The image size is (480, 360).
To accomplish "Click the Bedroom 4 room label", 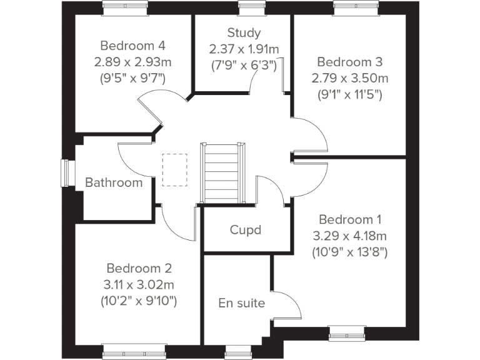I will tap(132, 46).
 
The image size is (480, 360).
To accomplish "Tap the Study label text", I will tap(244, 32).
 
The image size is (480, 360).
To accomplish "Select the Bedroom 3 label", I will tap(349, 62).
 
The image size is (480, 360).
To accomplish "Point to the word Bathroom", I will tap(114, 182).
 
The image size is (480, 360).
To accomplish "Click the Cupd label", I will tap(245, 229).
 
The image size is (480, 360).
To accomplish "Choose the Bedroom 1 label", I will tap(350, 219).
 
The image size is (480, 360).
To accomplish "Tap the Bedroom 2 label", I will tap(139, 268).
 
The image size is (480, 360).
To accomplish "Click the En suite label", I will tap(241, 303).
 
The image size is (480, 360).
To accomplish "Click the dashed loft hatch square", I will tap(175, 169).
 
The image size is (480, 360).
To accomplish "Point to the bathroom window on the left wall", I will tap(65, 172).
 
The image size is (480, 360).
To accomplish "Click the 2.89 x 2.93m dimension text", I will tap(132, 62).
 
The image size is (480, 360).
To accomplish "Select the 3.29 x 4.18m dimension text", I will tap(350, 236).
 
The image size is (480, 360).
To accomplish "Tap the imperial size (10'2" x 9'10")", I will tap(139, 301).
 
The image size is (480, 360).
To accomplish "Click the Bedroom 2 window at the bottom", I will tap(134, 347).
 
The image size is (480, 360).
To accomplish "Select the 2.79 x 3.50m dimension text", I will tap(349, 78).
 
